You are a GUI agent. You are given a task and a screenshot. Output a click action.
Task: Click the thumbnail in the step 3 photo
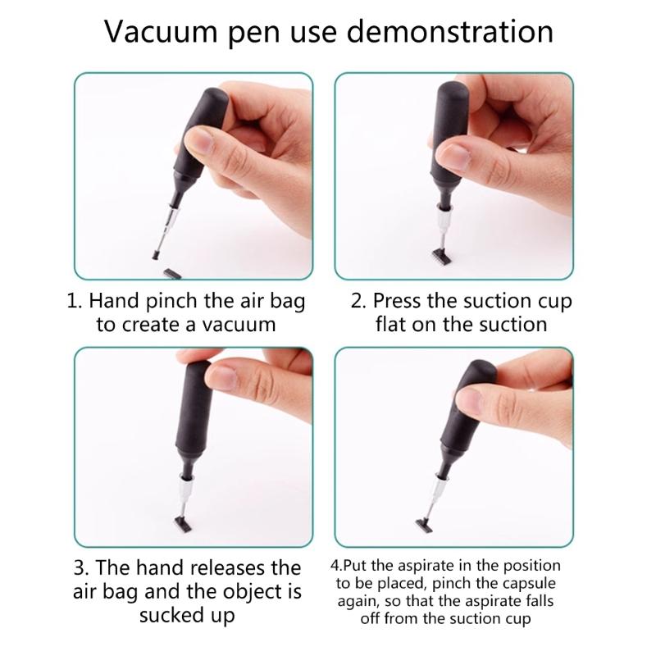pos(225,376)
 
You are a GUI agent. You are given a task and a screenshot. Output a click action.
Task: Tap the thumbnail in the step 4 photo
pos(470,400)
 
